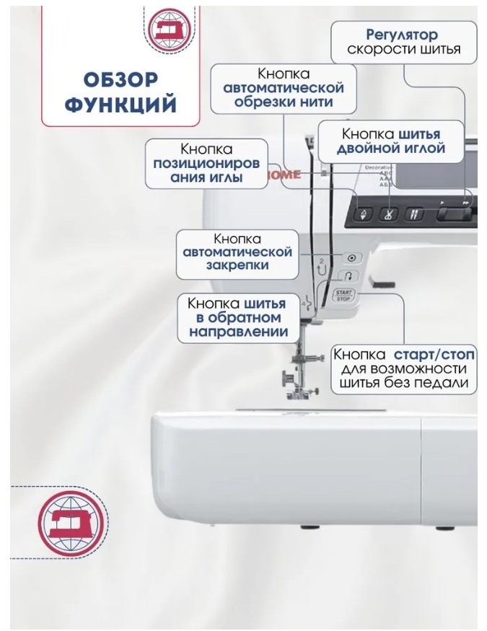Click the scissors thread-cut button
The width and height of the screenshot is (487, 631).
pos(387,213)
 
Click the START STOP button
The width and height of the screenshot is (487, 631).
pos(343,296)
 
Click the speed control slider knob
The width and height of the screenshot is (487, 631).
pos(454,214)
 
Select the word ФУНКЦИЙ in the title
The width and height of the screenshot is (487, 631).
pos(120,105)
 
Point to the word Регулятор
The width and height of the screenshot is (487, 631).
pos(402,35)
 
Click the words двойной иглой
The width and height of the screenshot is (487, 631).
pos(391,148)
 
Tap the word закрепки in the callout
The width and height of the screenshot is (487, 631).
pos(237,265)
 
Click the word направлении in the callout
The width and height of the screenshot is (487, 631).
pos(239,332)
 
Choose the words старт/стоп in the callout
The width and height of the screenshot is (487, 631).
pos(434,355)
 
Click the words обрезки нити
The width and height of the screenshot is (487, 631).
pos(284,102)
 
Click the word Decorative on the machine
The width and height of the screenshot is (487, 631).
pos(378,167)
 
